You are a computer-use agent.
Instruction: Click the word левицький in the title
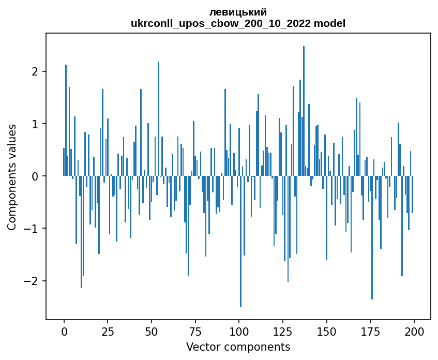point(238,12)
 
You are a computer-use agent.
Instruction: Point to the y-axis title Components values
point(12,177)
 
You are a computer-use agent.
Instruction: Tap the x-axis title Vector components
point(238,347)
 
